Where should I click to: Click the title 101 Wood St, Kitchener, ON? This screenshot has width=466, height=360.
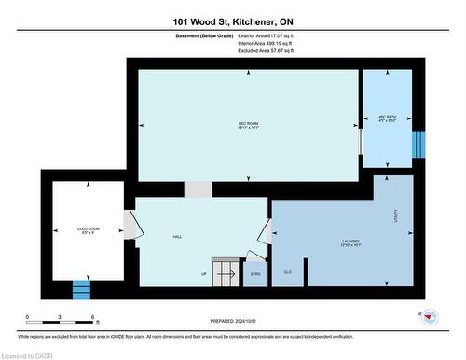[x=232, y=21]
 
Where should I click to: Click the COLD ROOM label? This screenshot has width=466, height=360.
[x=88, y=228]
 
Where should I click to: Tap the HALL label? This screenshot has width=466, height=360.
[x=176, y=236]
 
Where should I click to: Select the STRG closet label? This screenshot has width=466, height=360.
[x=255, y=274]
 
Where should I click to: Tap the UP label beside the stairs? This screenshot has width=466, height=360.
[x=204, y=273]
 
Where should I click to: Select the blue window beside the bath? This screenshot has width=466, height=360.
[x=418, y=145]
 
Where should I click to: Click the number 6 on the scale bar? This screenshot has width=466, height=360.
[x=93, y=318]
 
